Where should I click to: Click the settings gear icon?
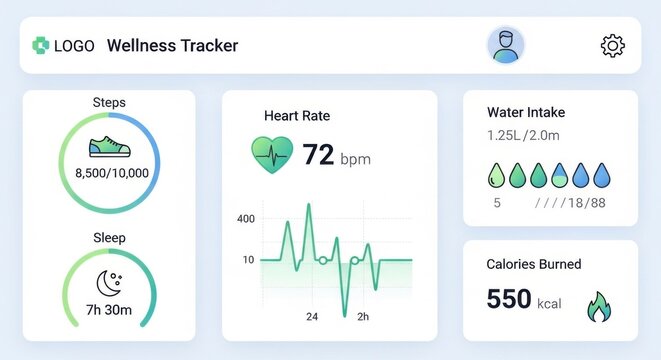click(612, 45)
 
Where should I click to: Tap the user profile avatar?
click(506, 45)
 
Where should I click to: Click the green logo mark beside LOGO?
click(41, 45)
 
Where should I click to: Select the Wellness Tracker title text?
click(172, 45)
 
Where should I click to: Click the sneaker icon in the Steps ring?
click(109, 147)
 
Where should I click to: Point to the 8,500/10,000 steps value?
click(112, 173)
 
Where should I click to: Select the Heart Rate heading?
click(297, 116)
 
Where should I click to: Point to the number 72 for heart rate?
click(318, 155)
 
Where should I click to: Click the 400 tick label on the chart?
click(245, 219)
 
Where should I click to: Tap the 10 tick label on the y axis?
click(247, 260)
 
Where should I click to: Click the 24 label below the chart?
click(312, 317)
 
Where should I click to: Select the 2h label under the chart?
click(363, 317)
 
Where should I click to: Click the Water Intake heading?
click(526, 112)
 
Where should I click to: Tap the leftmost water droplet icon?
click(497, 176)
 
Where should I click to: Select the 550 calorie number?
click(508, 299)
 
